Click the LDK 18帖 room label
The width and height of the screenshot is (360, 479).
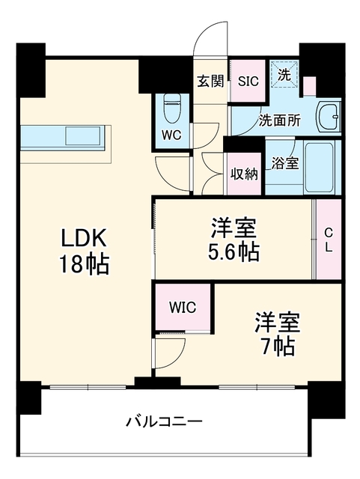point(84,251)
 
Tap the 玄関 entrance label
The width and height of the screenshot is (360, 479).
point(210,82)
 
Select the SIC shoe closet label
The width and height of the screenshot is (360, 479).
point(248,81)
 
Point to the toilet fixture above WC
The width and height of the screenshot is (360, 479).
point(171,108)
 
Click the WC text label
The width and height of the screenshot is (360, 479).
point(171,135)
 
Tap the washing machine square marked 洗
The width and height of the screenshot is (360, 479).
point(284,75)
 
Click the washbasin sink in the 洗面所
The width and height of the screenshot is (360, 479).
point(329,117)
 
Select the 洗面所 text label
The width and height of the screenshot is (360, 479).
point(280,120)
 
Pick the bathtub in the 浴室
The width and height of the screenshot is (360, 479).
point(320,167)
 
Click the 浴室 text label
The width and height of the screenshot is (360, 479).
point(285,163)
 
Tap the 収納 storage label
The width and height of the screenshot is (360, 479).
point(244,174)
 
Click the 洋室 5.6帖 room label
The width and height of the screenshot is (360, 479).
point(234,239)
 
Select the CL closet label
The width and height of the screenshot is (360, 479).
point(329,241)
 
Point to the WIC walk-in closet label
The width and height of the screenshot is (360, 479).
point(183,308)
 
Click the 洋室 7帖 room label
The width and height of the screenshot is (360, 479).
point(277,335)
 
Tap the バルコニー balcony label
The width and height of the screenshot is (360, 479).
point(164,422)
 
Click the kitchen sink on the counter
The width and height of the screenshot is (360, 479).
point(83,136)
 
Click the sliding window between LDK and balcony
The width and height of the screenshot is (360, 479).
point(88,388)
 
